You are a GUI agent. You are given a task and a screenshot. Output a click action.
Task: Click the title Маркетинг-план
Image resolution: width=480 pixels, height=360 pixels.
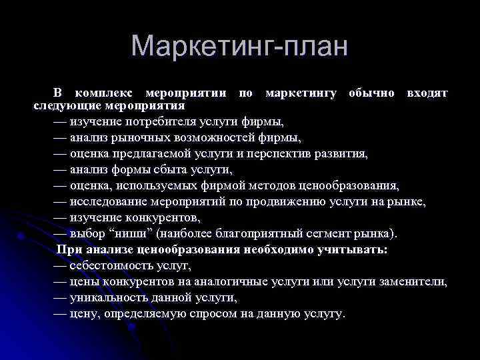[x=239, y=47]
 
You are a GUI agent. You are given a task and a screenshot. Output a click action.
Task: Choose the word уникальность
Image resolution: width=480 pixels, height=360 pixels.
[x=106, y=297]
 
